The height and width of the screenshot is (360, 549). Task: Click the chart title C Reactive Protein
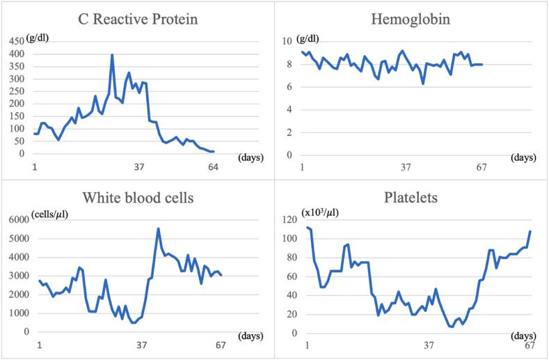coord(139,19)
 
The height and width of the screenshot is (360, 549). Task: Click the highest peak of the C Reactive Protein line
coord(112,55)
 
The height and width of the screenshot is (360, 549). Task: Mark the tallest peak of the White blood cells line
coord(158,228)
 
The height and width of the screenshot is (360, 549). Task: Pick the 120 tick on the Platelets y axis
coord(289,220)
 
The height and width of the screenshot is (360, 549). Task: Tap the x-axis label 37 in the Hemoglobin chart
coord(407,166)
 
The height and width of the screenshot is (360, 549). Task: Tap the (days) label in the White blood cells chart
coord(249,336)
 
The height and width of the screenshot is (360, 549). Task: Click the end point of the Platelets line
coord(530,231)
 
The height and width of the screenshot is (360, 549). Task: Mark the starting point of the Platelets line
coord(306,227)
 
